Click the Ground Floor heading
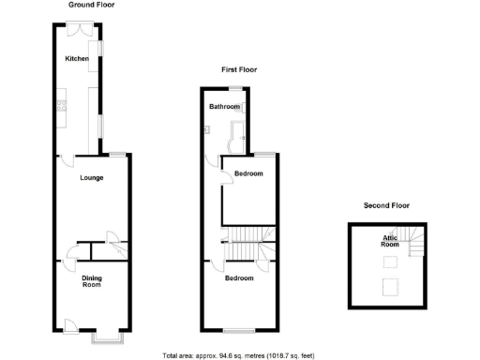pos(91,5)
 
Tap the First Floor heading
pos(239,69)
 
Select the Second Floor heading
pos(386,205)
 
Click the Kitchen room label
pos(77,59)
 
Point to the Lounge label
pos(91,177)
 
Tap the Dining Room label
pos(92,280)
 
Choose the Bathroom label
pos(224,107)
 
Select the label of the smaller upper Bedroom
pos(248,173)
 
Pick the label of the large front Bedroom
pos(239,278)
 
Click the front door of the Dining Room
pos(69,326)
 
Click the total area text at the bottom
pos(239,354)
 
